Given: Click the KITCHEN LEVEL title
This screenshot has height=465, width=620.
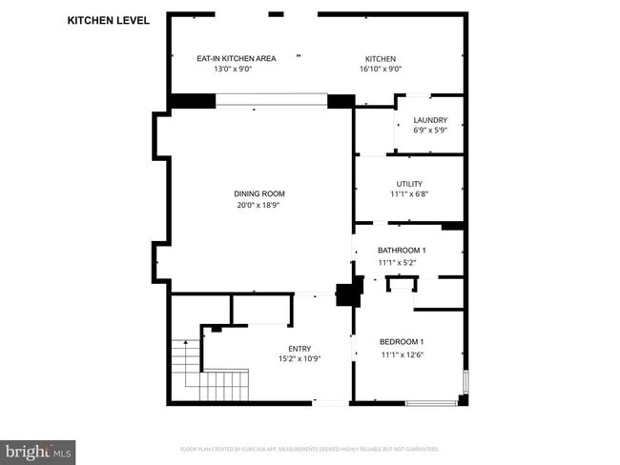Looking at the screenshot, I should pos(108,20).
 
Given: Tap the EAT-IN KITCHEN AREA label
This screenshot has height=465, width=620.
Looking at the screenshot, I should pos(236,58).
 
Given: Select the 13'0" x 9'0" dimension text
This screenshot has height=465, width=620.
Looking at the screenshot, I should pos(236,69).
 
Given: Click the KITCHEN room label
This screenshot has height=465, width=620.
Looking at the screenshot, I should pos(380,58).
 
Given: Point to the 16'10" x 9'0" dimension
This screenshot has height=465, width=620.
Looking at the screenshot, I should pos(380,69).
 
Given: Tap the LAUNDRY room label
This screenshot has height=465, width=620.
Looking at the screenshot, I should pos(430,120).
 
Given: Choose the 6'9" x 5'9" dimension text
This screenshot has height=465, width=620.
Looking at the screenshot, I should pos(430,130).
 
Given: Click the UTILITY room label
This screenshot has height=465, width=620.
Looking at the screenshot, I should pos(409,184).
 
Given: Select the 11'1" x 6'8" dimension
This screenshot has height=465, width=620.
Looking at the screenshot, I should pos(409,194).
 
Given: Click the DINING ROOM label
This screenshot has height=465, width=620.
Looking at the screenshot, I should pos(259,194).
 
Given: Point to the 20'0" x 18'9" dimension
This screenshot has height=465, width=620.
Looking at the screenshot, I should pos(259,205).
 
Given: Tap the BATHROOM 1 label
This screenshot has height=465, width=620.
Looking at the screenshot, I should pos(401,250).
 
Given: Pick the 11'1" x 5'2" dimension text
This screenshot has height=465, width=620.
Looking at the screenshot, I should pos(401,261).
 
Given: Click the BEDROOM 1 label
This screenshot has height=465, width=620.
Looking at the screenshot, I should pos(402,342).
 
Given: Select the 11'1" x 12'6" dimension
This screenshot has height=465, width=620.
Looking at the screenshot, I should pos(402,354).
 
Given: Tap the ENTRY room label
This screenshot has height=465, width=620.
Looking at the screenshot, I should pos(300,349).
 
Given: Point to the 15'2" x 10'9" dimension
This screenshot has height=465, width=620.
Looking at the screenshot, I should pos(300,359).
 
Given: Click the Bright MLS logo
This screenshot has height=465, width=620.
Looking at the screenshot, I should pos(38,451).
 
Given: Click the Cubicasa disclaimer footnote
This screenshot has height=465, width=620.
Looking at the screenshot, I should pos(309,448).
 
